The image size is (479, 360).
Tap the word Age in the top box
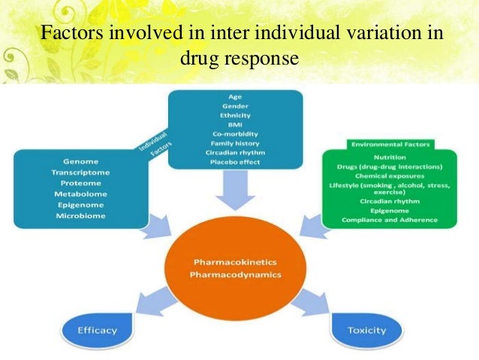pyautogui.click(x=235, y=96)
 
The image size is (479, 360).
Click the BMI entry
pyautogui.click(x=236, y=124)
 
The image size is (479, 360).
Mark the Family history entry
pyautogui.click(x=236, y=143)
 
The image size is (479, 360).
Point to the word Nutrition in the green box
pyautogui.click(x=390, y=156)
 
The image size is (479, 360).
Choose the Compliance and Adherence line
pyautogui.click(x=390, y=219)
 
